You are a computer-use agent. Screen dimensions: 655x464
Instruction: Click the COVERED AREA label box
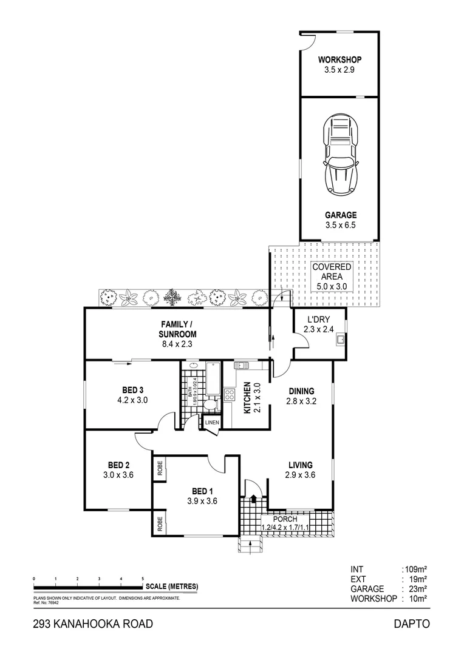pos(332,277)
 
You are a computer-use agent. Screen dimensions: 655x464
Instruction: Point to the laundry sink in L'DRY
pos(341,340)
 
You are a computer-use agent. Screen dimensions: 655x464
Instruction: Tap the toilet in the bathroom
pos(210,405)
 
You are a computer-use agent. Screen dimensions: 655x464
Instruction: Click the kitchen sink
pos(241,366)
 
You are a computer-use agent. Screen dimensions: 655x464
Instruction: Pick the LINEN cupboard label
pos(212,422)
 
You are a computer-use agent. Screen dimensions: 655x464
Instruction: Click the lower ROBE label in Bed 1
pos(160,523)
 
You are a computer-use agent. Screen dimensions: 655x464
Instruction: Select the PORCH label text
pos(285,519)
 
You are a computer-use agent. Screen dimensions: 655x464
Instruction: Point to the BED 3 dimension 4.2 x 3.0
pos(132,400)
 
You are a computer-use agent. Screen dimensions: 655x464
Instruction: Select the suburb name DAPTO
pos(412,624)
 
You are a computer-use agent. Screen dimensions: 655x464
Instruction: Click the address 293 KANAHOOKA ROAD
pos(93,624)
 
